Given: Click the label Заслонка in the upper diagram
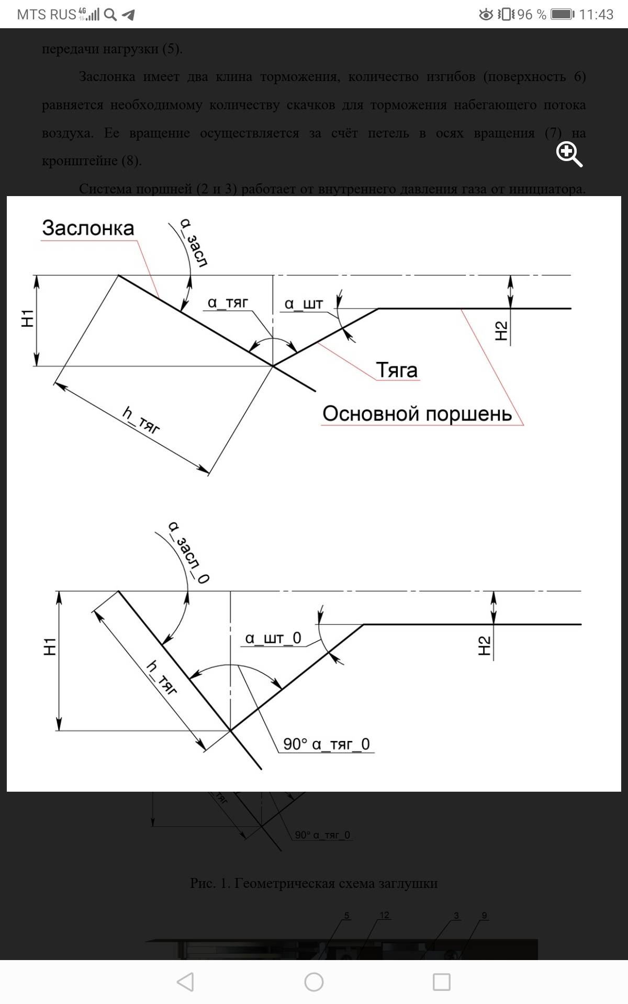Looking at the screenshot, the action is [88, 229].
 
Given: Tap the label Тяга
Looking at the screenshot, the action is [397, 370].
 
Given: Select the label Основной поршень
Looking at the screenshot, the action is [417, 414].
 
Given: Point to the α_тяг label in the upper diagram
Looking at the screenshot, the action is [228, 303].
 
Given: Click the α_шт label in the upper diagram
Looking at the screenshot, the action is [304, 304].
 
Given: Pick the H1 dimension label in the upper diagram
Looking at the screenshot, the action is [27, 318].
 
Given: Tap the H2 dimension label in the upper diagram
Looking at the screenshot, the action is [501, 331].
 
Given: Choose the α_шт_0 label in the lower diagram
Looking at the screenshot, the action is [273, 638].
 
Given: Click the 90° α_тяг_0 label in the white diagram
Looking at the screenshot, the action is [327, 744].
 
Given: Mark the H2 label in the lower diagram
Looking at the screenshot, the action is [485, 646].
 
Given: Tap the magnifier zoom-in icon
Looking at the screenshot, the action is [569, 154].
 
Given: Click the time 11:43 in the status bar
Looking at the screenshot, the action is [596, 14].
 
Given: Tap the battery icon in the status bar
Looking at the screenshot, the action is [563, 14].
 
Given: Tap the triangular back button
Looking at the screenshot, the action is [186, 982].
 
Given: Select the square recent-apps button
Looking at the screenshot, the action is [442, 982].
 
